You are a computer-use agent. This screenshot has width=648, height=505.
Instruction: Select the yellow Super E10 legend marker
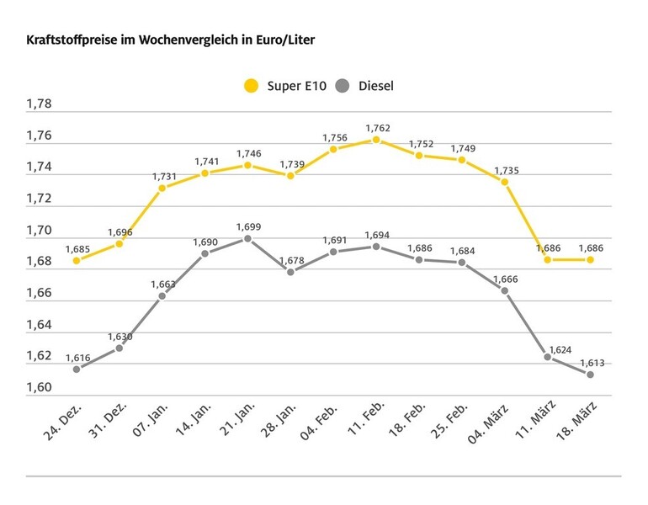click(251, 86)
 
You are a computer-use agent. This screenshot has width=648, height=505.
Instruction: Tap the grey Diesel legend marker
click(342, 86)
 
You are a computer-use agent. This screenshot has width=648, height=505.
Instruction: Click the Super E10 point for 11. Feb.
click(376, 140)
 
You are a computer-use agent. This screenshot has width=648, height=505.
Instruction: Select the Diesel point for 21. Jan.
click(247, 238)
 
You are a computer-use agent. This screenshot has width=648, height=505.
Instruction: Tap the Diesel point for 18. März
click(590, 375)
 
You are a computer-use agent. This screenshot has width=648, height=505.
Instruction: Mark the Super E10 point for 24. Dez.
click(77, 261)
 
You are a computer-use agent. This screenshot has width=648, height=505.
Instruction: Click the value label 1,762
click(377, 128)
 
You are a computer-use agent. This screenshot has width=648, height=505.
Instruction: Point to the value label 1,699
click(248, 226)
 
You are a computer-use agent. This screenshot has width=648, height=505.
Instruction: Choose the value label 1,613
click(592, 363)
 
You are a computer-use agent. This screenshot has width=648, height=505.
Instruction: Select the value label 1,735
click(505, 170)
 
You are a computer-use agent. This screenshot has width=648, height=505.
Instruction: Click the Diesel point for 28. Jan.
click(290, 272)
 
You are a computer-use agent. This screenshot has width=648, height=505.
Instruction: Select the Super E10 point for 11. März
click(548, 260)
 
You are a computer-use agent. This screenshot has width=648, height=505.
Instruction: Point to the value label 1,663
click(163, 284)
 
